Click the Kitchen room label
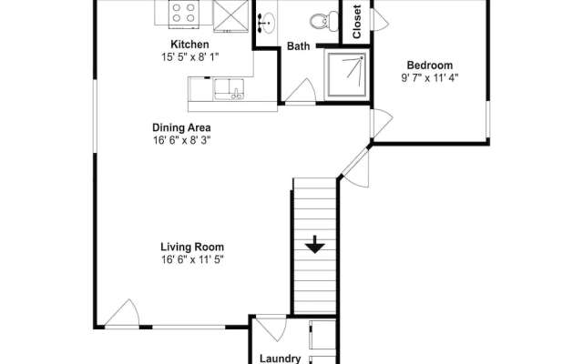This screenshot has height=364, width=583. coord(189,45)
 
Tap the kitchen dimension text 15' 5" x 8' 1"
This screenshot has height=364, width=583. coord(190,57)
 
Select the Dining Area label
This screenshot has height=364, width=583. coord(181,127)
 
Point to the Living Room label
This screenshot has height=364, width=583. coord(192,247)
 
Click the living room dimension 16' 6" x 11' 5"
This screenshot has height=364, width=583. coord(192,259)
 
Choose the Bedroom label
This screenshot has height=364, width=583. coord(430,66)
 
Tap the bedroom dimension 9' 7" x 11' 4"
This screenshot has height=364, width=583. coord(430,78)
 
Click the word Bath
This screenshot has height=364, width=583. coord(298,46)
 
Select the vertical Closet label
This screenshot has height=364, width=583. coord(357,22)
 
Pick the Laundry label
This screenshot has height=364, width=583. coord(280,359)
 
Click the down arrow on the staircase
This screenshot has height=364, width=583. coord(315,245)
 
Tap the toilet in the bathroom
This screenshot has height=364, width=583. coord(324,21)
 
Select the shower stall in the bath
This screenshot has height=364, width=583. coord(346,75)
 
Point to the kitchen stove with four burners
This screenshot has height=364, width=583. coord(184,14)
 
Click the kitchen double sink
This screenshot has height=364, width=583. coord(229,89)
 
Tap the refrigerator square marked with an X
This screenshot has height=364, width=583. coord(230,16)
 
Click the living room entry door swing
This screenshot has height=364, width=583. coord(123,313)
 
